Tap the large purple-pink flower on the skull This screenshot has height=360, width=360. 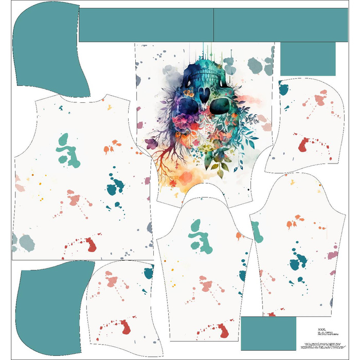point(183,123)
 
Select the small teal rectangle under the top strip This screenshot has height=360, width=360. point(308,59)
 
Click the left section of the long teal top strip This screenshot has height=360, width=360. point(146,25)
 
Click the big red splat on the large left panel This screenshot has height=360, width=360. point(90,244)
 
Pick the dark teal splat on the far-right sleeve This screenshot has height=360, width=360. point(295,263)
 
